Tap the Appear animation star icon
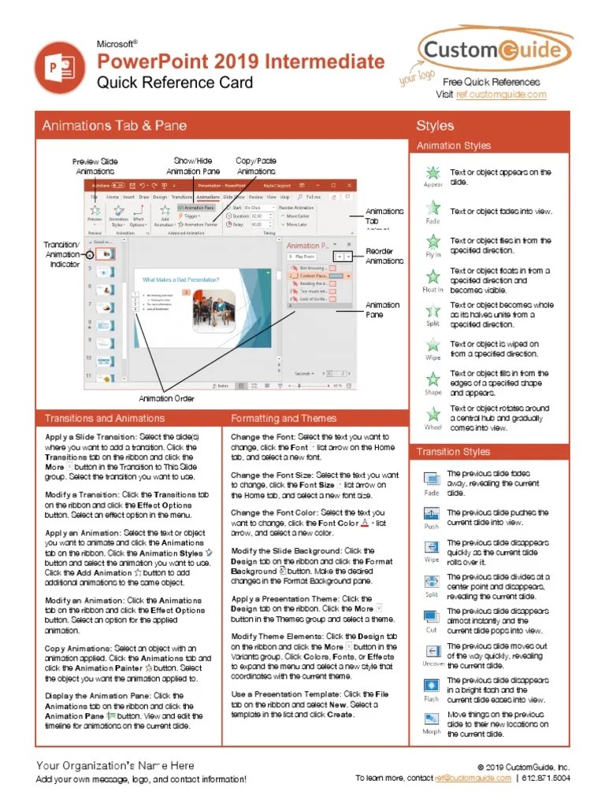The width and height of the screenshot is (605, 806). point(432,173)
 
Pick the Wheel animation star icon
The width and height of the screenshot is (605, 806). point(432,414)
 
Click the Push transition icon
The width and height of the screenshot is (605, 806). point(432,514)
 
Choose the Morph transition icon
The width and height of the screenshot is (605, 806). point(432,719)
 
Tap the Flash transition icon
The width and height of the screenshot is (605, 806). point(432,686)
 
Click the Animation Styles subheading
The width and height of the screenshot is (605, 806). point(453,146)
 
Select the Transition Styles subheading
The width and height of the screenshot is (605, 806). point(453,452)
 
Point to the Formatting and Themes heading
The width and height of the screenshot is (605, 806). point(284,419)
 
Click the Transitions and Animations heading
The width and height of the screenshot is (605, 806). point(105,419)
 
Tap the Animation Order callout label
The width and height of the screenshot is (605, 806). point(167,398)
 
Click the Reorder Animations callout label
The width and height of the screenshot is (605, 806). point(384,257)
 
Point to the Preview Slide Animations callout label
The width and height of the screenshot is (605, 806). point(96,166)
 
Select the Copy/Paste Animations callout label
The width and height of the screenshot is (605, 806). point(256,166)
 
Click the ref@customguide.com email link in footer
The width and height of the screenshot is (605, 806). point(472,778)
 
